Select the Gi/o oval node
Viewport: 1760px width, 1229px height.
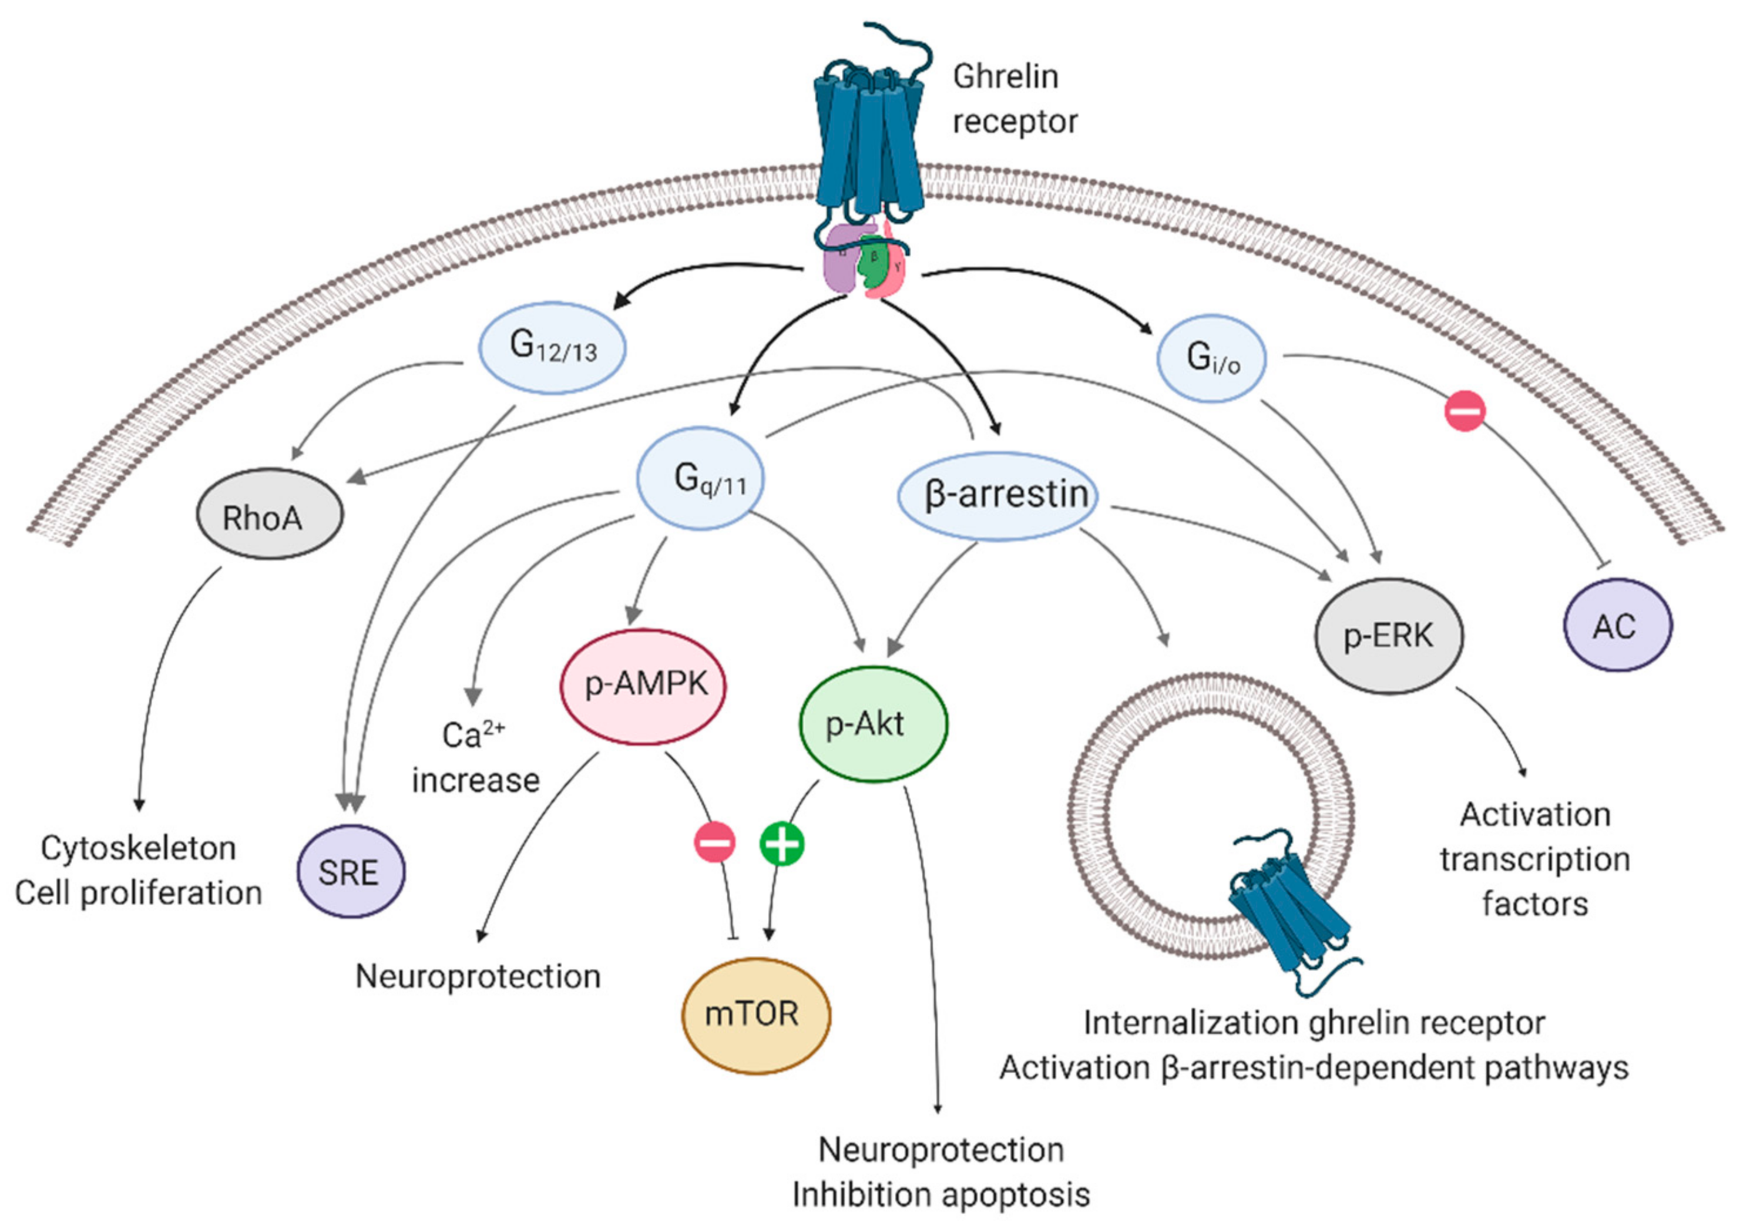[x=1211, y=358]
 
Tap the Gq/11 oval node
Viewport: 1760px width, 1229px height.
[x=701, y=479]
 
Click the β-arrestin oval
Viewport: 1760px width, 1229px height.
[x=998, y=495]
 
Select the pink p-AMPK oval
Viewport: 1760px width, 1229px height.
[x=644, y=684]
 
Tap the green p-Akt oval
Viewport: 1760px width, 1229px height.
[x=873, y=723]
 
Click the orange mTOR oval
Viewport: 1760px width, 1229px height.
[x=756, y=1015]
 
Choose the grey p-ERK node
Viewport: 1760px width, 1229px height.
[x=1389, y=636]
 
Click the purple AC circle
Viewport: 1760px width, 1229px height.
[x=1617, y=626]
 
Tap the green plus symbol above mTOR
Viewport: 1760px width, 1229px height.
[x=782, y=844]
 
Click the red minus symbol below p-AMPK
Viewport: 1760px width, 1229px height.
[x=714, y=842]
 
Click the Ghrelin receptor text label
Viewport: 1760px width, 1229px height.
[x=1013, y=99]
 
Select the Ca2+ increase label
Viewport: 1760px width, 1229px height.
[x=475, y=757]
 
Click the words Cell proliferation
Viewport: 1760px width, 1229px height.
[x=139, y=893]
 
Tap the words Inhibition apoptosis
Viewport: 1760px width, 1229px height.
[x=941, y=1194]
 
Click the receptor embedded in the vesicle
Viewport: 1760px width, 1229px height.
[x=1288, y=912]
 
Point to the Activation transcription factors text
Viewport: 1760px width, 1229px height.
[x=1534, y=859]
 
